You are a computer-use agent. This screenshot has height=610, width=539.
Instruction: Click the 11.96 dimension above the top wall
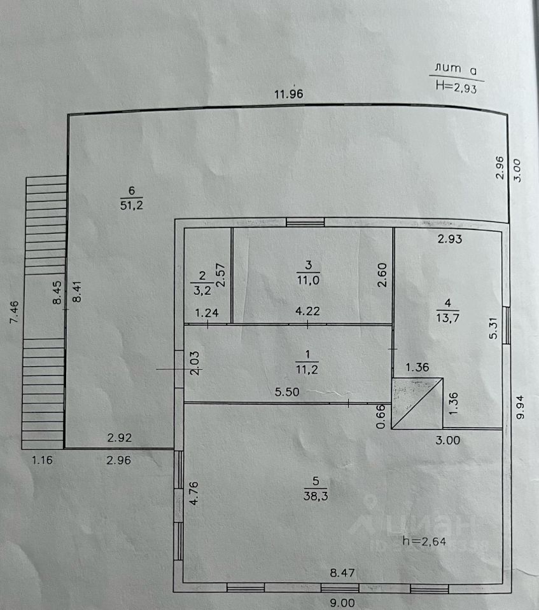tap(288, 95)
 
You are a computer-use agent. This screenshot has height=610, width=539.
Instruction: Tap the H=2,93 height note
tap(456, 88)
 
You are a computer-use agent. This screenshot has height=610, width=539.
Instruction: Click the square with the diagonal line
tap(417, 403)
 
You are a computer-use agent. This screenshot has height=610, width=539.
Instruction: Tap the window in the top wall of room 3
tap(305, 222)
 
